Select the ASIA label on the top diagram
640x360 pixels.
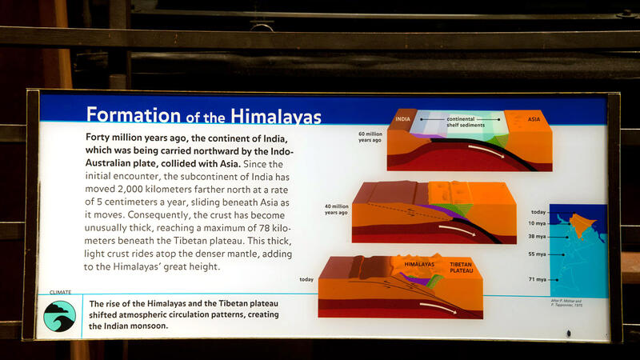pos(534,120)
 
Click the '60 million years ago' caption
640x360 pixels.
pos(370,138)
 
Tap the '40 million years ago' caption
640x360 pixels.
pos(337,210)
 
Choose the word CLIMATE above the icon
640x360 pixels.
pos(60,294)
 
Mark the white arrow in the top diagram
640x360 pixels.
pos(486,150)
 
